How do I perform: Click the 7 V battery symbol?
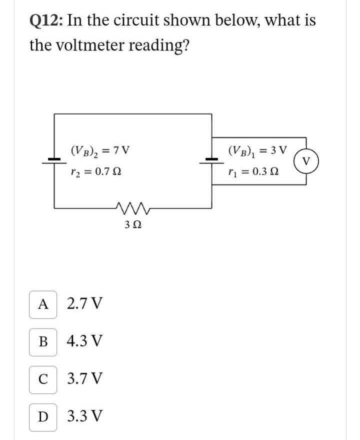click(x=54, y=160)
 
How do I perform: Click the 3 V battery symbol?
click(x=212, y=160)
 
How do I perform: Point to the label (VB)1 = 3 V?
click(x=257, y=150)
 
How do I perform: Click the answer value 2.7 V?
click(x=85, y=304)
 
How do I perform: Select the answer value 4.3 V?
click(x=85, y=341)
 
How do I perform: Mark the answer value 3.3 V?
click(x=85, y=415)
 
